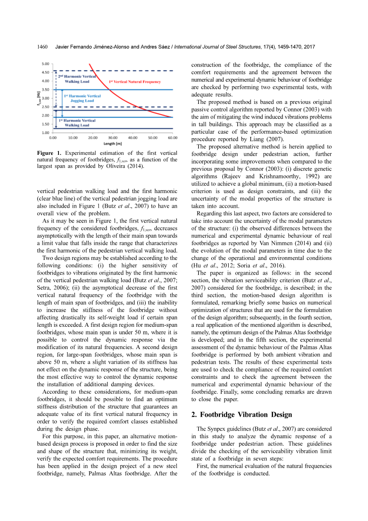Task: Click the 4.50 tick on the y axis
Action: click(45, 72)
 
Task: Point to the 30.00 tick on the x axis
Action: click(113, 138)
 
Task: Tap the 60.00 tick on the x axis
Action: click(173, 138)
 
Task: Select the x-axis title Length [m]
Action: click(113, 144)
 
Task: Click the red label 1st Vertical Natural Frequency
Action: click(135, 82)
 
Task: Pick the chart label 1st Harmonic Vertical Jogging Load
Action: click(82, 98)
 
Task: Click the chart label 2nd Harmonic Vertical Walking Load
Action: click(77, 79)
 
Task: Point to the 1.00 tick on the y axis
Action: click(45, 133)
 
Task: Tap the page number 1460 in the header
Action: click(42, 47)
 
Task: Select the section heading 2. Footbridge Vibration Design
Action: click(241, 415)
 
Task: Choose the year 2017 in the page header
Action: click(309, 47)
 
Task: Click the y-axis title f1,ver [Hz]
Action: click(38, 98)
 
